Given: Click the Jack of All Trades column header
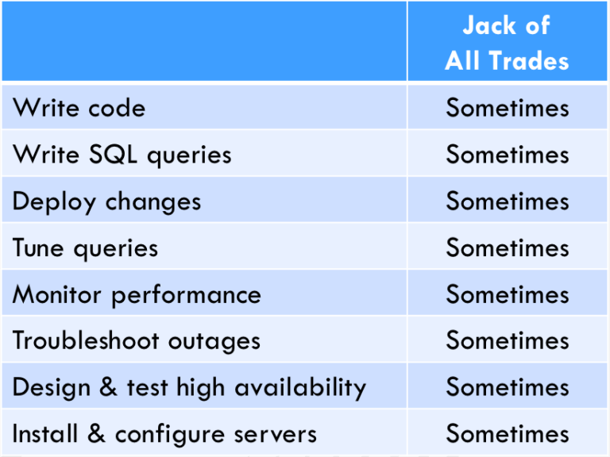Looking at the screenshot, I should pos(507,43).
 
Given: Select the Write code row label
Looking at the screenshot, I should pos(79,108).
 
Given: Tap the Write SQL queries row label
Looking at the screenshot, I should pos(122,154).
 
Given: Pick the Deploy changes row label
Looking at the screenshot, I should pos(106,202).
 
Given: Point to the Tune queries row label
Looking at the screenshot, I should pos(85,248).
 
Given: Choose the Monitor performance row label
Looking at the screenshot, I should pos(137,294).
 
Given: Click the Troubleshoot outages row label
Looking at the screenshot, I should pos(136,341).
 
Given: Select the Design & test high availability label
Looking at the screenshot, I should pos(189,387).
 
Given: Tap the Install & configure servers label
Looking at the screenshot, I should pos(164,434).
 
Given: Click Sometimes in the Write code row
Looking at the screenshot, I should pos(508,108).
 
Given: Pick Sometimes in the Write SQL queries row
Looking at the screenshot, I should pos(508,154).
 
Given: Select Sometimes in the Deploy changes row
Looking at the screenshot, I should pos(508,202).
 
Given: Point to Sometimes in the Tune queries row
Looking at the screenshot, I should pos(508,248).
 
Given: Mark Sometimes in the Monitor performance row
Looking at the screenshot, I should pos(508,294).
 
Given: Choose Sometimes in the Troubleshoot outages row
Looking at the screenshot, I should pos(508,341).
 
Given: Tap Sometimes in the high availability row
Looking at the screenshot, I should pos(508,387).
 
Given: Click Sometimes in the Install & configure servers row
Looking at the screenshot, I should pos(508,434).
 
